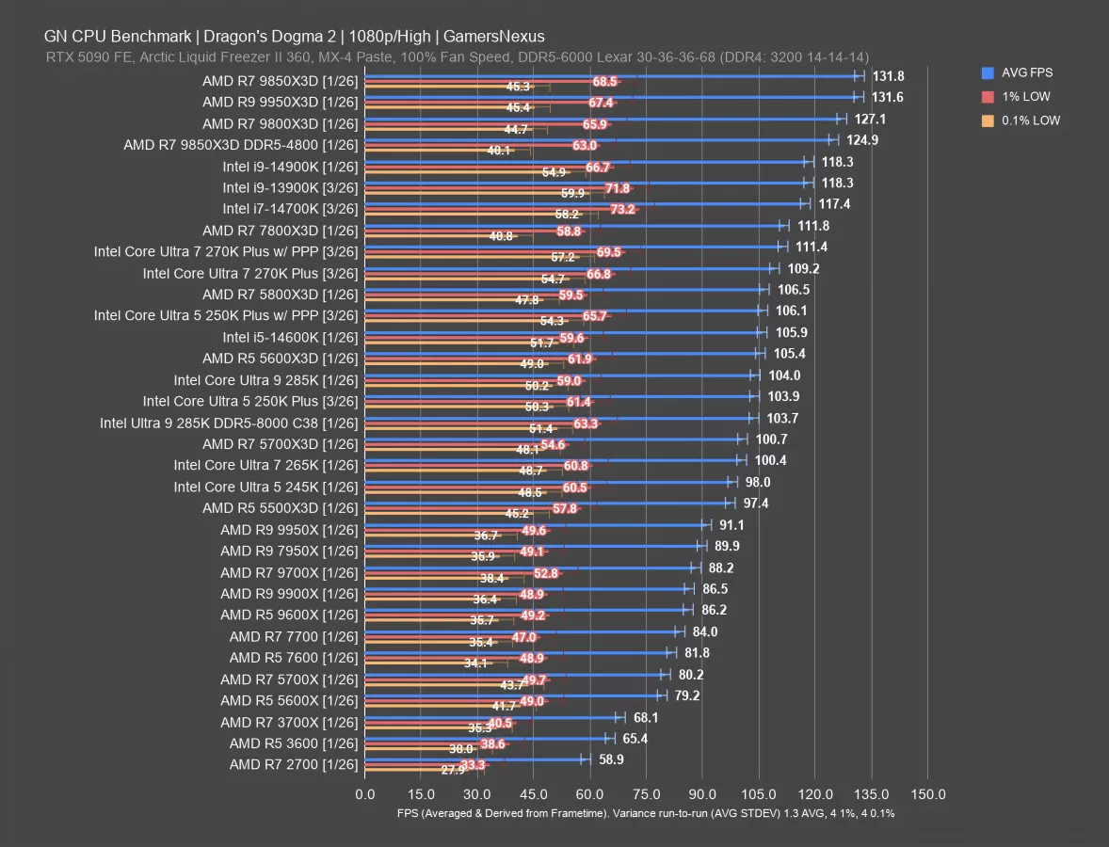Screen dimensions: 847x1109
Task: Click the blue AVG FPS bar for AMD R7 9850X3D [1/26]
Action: point(612,75)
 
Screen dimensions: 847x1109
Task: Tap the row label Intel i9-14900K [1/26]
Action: point(290,167)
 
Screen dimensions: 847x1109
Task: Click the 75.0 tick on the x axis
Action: point(646,793)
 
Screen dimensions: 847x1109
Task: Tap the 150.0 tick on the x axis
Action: point(928,793)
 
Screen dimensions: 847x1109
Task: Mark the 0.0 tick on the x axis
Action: point(364,793)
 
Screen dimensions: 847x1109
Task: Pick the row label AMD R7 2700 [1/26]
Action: point(293,764)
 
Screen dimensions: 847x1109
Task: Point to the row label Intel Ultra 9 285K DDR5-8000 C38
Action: point(229,423)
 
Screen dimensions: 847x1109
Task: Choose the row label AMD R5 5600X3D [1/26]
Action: point(280,359)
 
